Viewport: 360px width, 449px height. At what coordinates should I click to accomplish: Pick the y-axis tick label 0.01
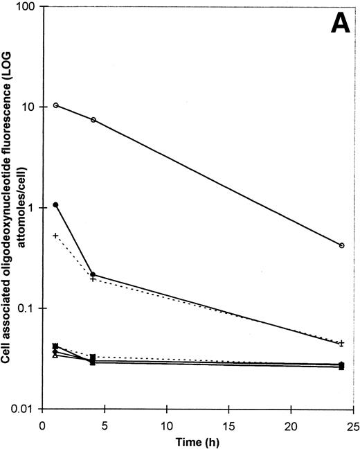click(x=26, y=408)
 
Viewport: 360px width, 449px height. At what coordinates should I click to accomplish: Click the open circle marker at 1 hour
click(x=55, y=105)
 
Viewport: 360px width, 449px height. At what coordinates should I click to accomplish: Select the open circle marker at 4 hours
click(x=93, y=120)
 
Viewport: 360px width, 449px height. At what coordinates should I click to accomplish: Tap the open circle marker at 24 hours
click(x=341, y=245)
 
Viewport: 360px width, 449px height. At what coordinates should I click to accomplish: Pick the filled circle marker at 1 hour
click(x=55, y=205)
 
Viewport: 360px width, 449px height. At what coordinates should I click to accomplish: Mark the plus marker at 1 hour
click(x=55, y=236)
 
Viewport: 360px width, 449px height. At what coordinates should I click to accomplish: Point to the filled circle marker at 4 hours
click(x=93, y=274)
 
